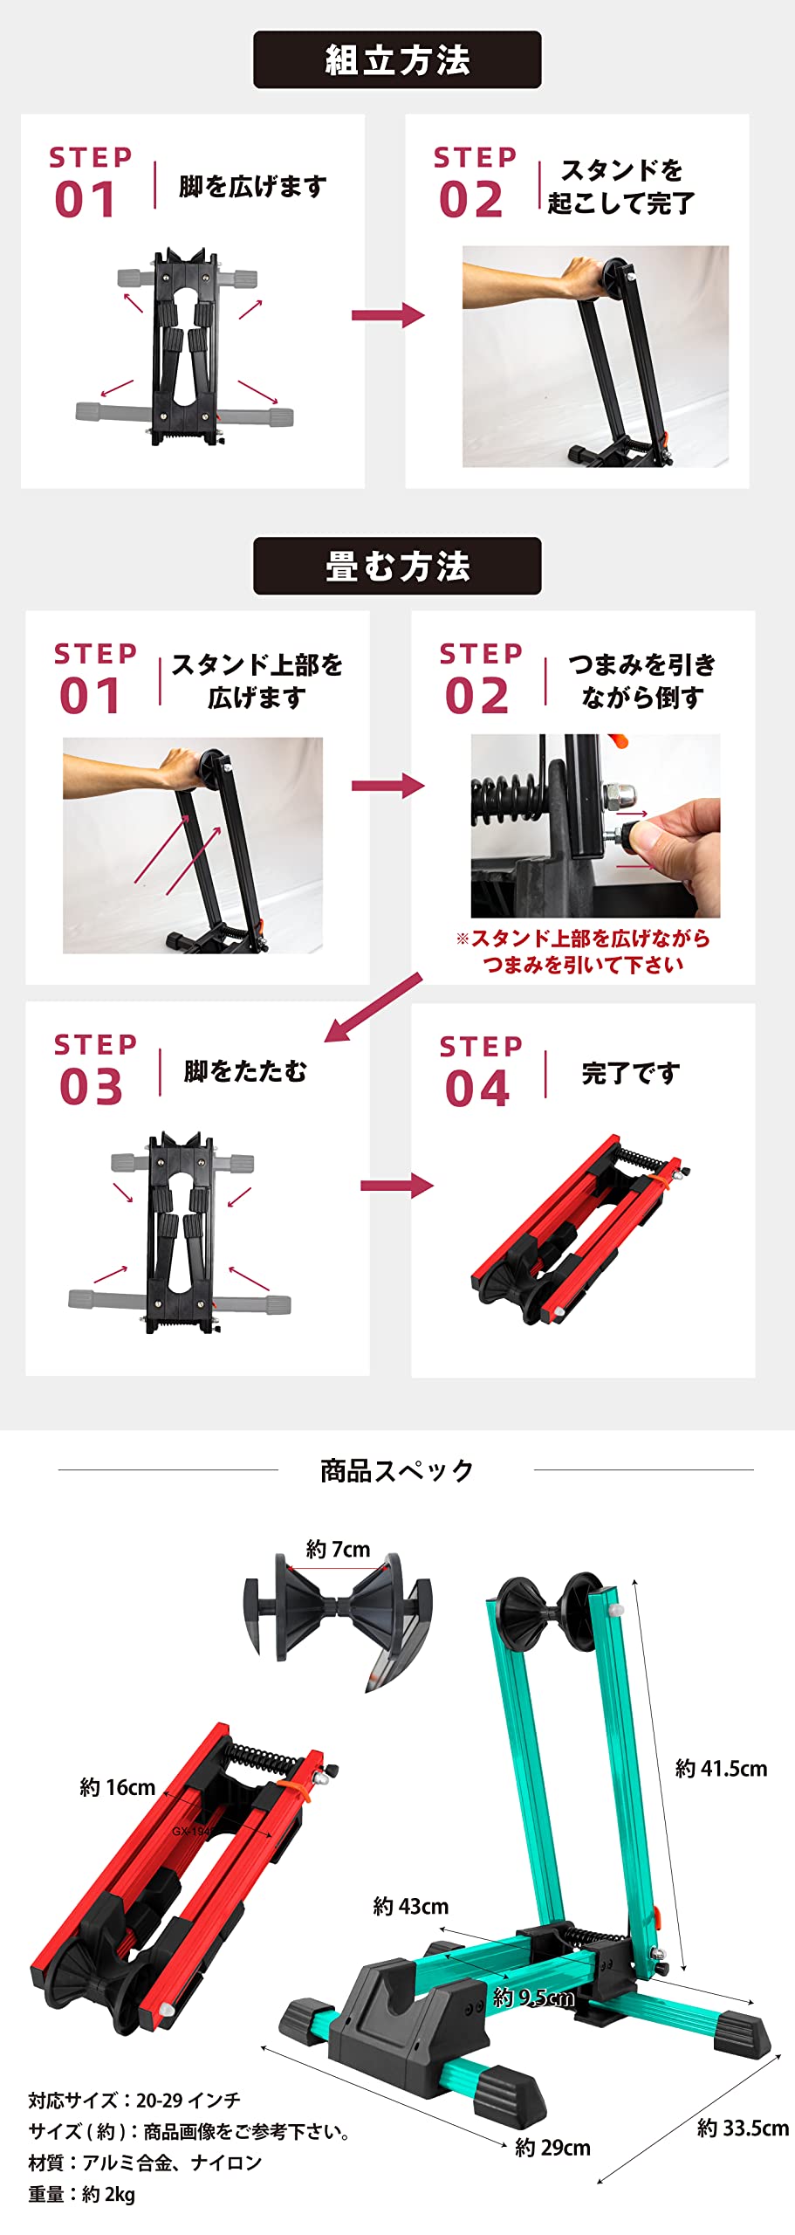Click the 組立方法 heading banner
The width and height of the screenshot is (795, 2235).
point(397,59)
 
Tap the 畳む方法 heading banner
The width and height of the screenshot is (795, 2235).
point(397,566)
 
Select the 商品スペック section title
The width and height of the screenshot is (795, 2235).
point(397,1470)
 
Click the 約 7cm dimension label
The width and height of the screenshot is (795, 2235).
point(338,1549)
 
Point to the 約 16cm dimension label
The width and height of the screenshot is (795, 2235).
point(117,1787)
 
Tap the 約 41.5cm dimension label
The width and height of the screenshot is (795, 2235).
point(721,1768)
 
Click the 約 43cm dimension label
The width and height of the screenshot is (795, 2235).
point(410,1906)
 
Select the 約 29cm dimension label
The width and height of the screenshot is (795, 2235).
point(552,2147)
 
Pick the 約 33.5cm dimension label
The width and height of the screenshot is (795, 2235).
point(743,2128)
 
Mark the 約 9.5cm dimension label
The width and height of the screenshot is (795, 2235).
point(533,1997)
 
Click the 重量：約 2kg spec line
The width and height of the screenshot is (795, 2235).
point(81,2194)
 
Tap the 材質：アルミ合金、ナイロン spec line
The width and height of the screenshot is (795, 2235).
point(145,2163)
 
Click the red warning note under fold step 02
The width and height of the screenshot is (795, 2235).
point(583,952)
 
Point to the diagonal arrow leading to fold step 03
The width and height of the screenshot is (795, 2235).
point(374,1007)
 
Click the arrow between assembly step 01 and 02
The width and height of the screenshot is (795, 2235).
point(387,315)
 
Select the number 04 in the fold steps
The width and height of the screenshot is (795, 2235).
point(477,1089)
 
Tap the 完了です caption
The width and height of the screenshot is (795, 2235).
point(631,1073)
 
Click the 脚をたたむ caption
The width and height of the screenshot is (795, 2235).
point(245,1071)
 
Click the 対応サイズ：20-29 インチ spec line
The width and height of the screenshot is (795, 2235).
point(134,2100)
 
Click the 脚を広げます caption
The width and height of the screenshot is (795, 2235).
point(252,186)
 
